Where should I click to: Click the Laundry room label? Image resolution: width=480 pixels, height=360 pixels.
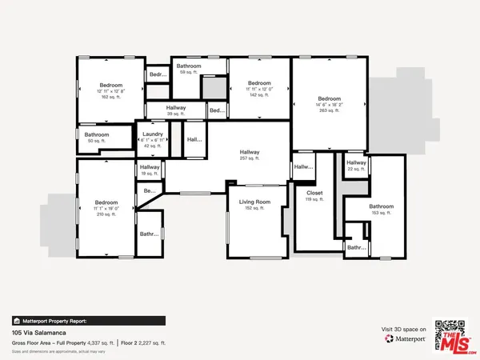click(x=153, y=134)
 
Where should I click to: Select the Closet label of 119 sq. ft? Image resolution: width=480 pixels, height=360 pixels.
click(x=314, y=193)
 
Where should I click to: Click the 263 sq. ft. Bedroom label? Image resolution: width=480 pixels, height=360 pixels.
click(x=330, y=99)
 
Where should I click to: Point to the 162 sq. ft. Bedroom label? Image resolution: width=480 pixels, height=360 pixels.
click(x=110, y=86)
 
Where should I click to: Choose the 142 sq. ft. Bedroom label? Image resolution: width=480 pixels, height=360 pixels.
click(x=259, y=83)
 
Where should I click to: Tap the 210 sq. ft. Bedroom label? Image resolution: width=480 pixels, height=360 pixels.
click(x=106, y=202)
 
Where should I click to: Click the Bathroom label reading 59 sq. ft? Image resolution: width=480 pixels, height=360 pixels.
click(x=189, y=66)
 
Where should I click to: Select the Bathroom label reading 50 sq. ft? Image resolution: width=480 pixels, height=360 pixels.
click(x=97, y=135)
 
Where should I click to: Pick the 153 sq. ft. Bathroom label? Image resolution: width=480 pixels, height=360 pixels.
click(x=382, y=206)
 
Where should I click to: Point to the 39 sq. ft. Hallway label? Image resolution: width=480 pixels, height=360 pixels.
click(x=176, y=108)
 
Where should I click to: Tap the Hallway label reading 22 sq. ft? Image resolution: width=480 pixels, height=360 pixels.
click(x=356, y=162)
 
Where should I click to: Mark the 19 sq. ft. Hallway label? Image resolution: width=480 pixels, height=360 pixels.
click(x=150, y=166)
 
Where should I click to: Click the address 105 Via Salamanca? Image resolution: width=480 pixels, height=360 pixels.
click(x=39, y=331)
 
